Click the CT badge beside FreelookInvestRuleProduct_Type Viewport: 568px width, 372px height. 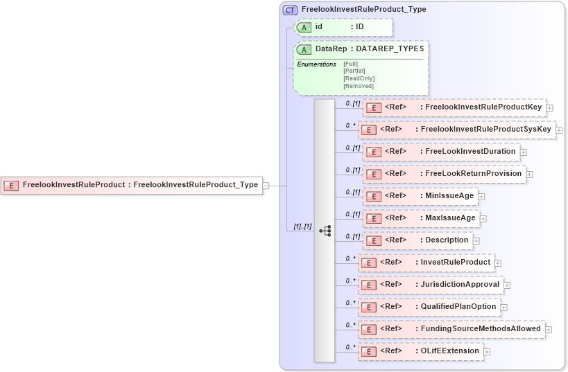[x=291, y=10]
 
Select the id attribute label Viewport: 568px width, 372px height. [x=319, y=27]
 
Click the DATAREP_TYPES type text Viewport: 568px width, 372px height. [x=390, y=49]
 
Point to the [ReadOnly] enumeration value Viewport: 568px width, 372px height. [x=359, y=78]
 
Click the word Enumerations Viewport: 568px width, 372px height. [x=316, y=64]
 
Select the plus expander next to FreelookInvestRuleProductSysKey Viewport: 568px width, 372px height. [x=559, y=130]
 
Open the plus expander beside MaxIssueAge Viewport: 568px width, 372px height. [x=483, y=218]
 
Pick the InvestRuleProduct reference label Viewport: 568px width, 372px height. [x=455, y=262]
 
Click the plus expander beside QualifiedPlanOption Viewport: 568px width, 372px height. [x=504, y=307]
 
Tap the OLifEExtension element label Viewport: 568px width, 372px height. [x=449, y=351]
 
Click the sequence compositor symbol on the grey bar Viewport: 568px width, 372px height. [x=325, y=230]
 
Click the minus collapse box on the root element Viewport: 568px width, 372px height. [x=266, y=185]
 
